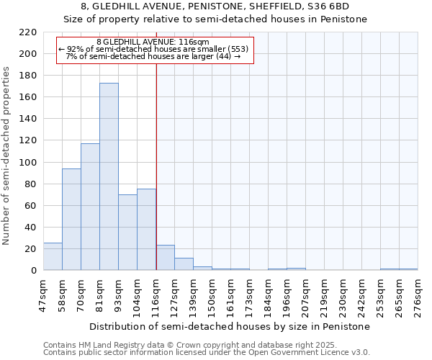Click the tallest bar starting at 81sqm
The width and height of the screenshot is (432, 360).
click(x=109, y=176)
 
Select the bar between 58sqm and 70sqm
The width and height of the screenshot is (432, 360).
click(x=71, y=220)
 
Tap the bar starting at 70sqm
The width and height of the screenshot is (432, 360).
click(x=90, y=207)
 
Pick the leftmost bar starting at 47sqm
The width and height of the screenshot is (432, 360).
click(x=53, y=256)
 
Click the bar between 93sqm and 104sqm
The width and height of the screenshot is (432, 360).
click(x=127, y=233)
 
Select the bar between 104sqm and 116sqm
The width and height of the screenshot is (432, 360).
click(x=146, y=230)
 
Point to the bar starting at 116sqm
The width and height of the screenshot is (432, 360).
click(x=165, y=258)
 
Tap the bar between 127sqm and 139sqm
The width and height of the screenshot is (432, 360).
click(x=184, y=264)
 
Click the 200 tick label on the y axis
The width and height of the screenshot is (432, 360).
click(x=28, y=54)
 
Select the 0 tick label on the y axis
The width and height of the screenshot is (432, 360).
click(x=34, y=271)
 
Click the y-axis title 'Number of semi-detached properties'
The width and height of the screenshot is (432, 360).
click(x=7, y=156)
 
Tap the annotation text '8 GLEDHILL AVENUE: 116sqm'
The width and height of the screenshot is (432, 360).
click(x=153, y=42)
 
